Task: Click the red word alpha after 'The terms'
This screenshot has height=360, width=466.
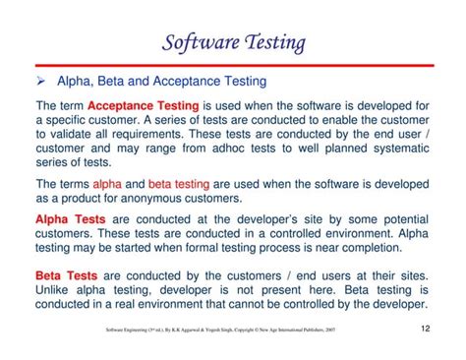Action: coord(106,183)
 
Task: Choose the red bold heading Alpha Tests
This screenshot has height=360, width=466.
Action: coord(71,218)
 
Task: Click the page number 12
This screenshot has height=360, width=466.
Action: coord(425,329)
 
